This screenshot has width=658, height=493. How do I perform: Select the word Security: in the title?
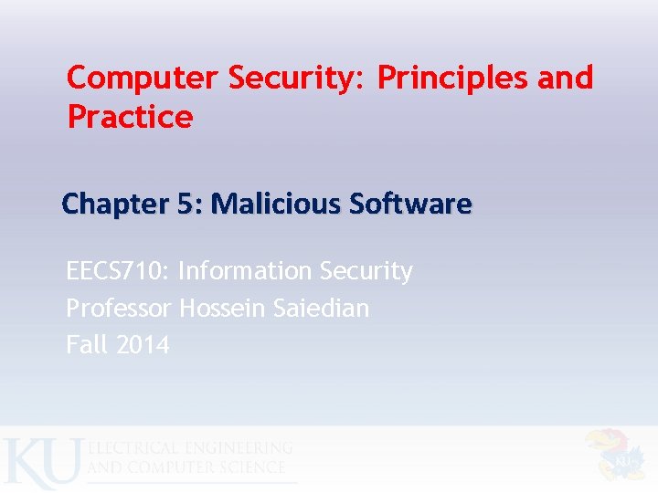tap(296, 79)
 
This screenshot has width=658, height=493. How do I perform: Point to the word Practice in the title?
tap(130, 118)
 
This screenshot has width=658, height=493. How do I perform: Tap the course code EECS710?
tap(116, 271)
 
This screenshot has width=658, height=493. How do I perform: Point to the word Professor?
tap(118, 308)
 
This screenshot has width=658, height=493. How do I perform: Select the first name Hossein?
tap(223, 308)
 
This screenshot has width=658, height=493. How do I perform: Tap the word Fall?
tap(86, 344)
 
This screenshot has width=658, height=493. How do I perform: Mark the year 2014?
tap(143, 344)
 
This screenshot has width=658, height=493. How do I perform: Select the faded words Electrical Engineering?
tap(190, 448)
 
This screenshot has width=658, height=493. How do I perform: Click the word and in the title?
tap(566, 79)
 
